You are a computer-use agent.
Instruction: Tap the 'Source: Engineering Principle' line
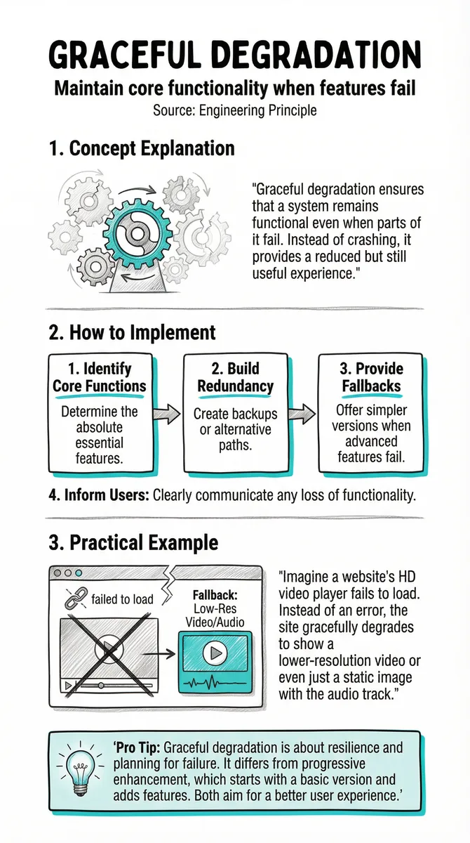235,111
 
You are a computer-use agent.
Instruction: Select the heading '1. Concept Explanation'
142,148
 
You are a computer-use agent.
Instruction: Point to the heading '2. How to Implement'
133,332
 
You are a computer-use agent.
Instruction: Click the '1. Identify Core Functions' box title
100,377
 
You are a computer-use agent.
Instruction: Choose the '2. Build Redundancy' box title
236,377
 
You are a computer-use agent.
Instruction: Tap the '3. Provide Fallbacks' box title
371,377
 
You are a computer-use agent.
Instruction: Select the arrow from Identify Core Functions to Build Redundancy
167,414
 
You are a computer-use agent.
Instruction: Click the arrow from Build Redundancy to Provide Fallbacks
302,414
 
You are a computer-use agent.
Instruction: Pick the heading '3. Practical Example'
134,542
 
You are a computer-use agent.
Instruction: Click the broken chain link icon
76,598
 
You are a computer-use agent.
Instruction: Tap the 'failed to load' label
123,599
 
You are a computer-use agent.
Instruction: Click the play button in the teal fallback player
215,653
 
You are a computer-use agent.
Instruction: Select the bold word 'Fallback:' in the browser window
215,595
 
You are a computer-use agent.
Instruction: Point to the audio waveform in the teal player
215,682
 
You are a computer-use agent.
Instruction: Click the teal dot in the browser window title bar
79,573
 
